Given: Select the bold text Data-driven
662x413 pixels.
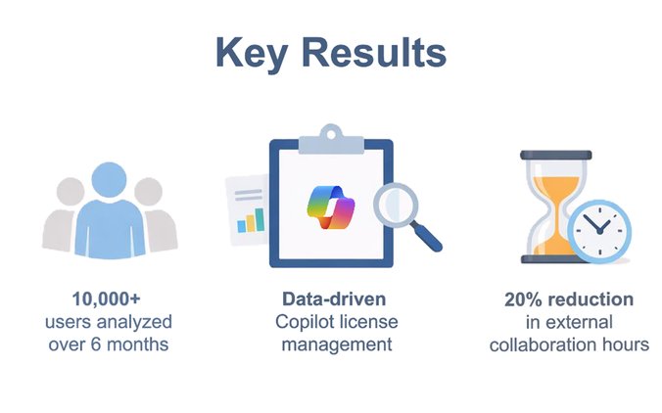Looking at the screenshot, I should click(x=331, y=298).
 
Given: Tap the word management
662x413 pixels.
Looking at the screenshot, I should click(x=331, y=344).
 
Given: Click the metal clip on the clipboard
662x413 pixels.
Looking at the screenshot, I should click(x=330, y=144).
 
